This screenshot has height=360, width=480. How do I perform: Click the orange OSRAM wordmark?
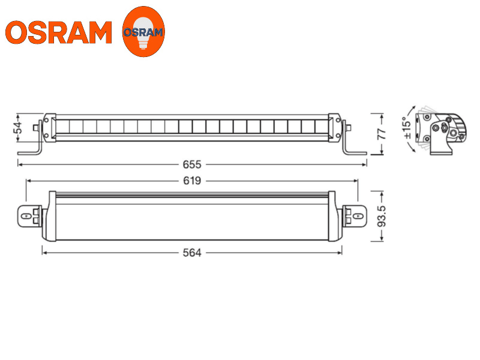58,32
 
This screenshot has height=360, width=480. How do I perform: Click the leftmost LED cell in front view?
62,127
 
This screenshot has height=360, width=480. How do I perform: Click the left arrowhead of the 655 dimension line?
20,164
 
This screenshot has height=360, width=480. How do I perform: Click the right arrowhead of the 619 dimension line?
356,181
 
